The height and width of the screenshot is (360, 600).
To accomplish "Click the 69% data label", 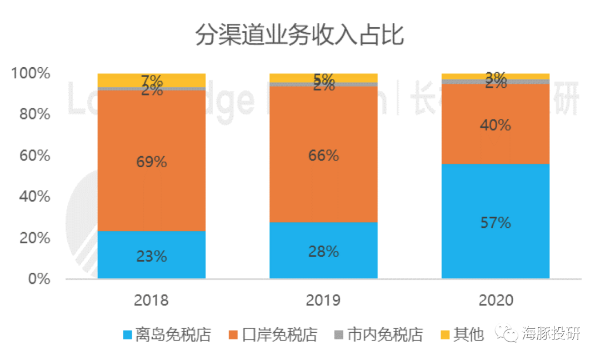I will coord(151,162).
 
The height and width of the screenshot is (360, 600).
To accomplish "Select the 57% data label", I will coord(495,223).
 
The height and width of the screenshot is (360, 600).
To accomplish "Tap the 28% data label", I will coord(323,251).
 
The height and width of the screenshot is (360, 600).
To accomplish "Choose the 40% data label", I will coord(495,125).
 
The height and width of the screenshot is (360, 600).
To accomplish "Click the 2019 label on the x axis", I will coord(323,301).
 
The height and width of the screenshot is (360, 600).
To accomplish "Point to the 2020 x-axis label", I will coord(495,301).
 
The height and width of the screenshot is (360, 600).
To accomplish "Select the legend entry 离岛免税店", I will coord(167,335).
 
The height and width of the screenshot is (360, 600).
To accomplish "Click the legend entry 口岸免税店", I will coord(273,335).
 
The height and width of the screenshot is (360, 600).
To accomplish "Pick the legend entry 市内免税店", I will coord(378,335).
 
